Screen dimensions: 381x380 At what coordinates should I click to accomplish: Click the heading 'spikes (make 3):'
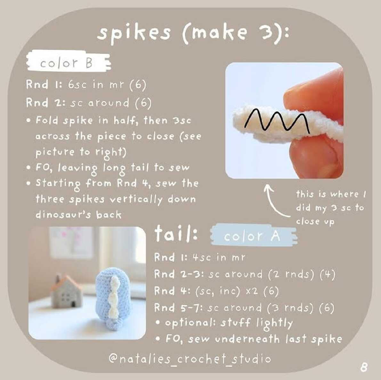click(193, 34)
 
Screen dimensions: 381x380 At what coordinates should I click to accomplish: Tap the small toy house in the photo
click(65, 291)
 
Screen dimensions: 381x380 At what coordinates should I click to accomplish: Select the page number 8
click(364, 367)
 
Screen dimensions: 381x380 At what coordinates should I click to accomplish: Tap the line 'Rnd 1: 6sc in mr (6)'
click(86, 85)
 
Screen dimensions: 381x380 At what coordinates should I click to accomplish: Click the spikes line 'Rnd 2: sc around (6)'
click(89, 103)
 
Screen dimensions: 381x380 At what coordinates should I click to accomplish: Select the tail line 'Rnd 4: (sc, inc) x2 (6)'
click(216, 291)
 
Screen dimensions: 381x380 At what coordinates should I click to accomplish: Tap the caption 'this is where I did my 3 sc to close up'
click(331, 208)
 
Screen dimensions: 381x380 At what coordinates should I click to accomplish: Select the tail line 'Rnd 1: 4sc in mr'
click(199, 257)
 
